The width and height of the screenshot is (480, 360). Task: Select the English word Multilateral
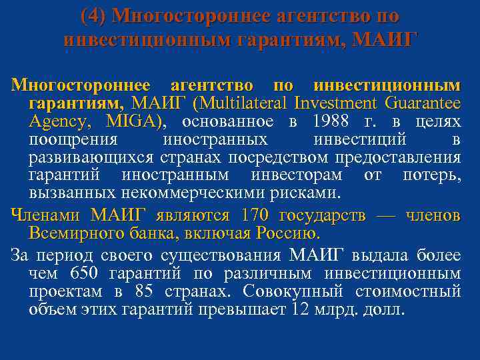point(241,104)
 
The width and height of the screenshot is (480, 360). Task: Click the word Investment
point(336,104)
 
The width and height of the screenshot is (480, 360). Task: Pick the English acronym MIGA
point(133,122)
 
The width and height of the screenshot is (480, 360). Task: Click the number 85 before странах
point(144,292)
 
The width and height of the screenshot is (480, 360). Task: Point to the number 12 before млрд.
point(300,310)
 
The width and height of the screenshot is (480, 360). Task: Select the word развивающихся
point(91,158)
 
